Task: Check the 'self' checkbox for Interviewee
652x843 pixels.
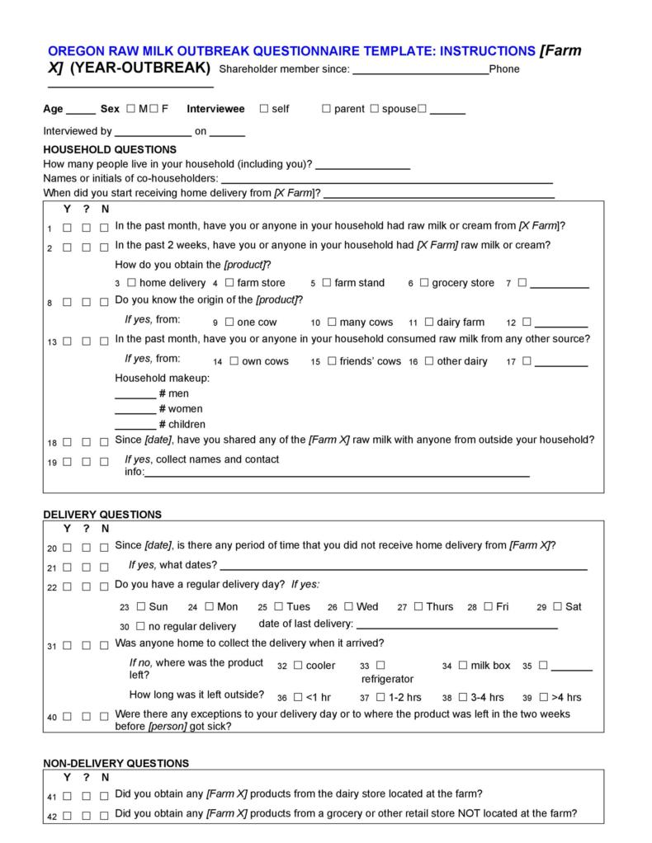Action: pyautogui.click(x=263, y=109)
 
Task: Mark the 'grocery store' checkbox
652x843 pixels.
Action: pyautogui.click(x=424, y=283)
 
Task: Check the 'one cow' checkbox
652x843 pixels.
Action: pyautogui.click(x=229, y=323)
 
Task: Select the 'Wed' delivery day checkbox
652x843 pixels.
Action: pyautogui.click(x=349, y=607)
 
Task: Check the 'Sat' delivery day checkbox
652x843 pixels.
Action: pyautogui.click(x=558, y=607)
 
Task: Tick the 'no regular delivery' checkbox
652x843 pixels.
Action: pyautogui.click(x=140, y=627)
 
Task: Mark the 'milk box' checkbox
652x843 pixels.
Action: pyautogui.click(x=463, y=666)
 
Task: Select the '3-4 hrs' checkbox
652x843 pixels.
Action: pyautogui.click(x=463, y=697)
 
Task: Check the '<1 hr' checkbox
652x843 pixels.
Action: pyautogui.click(x=298, y=697)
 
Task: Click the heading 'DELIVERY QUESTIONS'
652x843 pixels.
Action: pyautogui.click(x=102, y=515)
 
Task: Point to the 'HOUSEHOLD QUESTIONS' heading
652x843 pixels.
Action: pyautogui.click(x=110, y=150)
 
